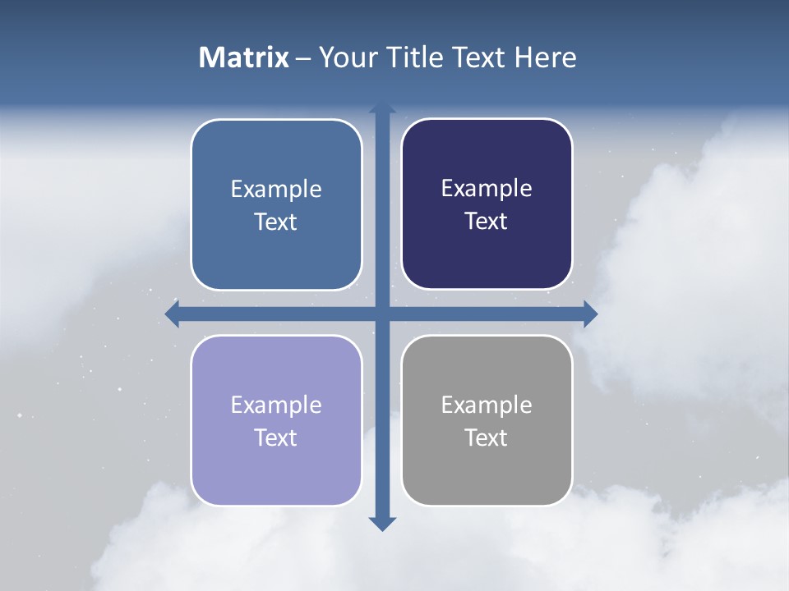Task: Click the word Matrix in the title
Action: coord(244,57)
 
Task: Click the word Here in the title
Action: coord(545,57)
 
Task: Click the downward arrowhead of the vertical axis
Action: coord(382,523)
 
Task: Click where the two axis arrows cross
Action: coord(382,314)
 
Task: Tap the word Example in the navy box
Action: coord(487,189)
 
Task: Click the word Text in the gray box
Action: coord(487,438)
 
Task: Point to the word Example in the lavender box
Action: coord(276,405)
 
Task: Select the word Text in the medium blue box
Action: coord(276,222)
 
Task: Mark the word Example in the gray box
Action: coord(487,405)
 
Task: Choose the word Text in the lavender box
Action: coord(276,438)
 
